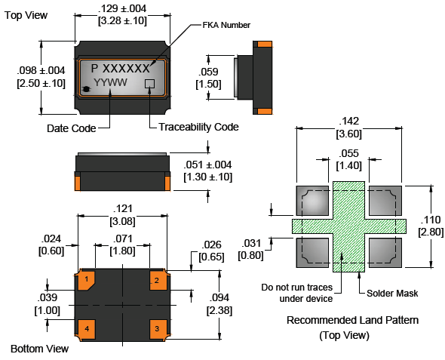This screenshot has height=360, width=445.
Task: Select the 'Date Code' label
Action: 71,128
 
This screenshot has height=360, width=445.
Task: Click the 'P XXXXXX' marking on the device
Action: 120,68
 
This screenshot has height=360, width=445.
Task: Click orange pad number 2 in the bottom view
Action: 156,280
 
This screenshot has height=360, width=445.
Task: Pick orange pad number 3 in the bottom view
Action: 156,328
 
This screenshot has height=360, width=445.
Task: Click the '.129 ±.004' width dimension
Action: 121,8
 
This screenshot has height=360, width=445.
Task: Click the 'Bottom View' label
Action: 39,349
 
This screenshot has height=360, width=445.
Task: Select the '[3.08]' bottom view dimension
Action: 121,222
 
